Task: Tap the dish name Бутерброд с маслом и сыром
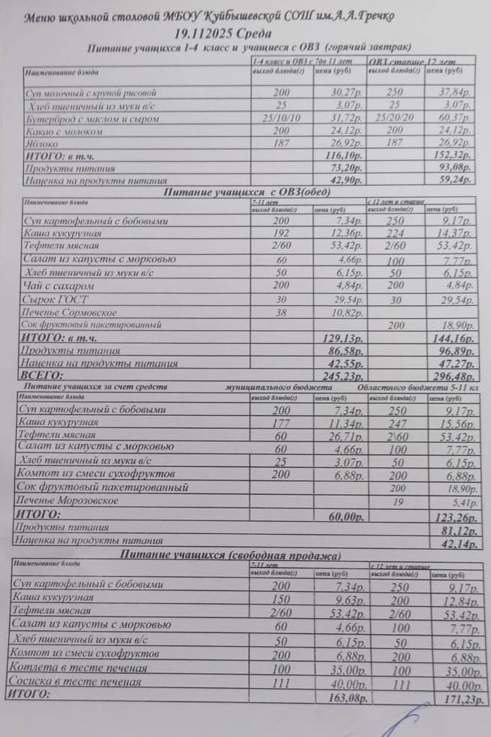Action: [x=92, y=119]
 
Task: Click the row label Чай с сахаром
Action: [x=56, y=286]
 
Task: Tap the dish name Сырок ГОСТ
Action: [x=55, y=299]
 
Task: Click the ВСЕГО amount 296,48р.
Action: [x=451, y=376]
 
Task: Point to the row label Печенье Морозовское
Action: [x=67, y=500]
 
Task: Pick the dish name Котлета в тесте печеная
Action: [x=78, y=668]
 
